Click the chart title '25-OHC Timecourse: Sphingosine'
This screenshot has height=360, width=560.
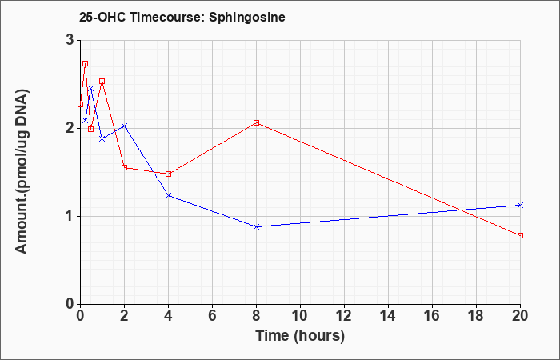tap(182, 18)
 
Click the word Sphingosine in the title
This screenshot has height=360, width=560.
tap(247, 18)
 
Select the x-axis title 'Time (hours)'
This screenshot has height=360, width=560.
tap(300, 336)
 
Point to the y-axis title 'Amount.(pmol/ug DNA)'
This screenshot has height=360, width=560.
tap(22, 172)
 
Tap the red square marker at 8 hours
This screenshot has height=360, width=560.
tap(257, 123)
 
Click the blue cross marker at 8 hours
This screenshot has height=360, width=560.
tap(257, 226)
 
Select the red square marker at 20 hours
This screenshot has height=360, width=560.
tap(520, 236)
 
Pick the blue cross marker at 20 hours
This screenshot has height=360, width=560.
tap(520, 205)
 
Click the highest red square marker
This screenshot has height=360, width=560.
tap(85, 64)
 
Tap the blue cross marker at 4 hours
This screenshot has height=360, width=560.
tap(169, 196)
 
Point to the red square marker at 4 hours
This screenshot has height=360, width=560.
tap(169, 174)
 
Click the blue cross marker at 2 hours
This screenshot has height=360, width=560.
tap(124, 126)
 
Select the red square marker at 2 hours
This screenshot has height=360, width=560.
tap(124, 167)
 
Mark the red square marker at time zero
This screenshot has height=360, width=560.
tap(80, 104)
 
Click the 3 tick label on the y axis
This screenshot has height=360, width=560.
tap(70, 40)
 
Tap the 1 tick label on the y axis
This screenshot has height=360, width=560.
tap(70, 217)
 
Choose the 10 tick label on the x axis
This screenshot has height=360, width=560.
tap(300, 316)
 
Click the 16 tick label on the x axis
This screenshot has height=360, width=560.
tap(432, 316)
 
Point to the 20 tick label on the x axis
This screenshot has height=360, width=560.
tap(520, 316)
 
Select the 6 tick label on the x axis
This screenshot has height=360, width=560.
tap(212, 316)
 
